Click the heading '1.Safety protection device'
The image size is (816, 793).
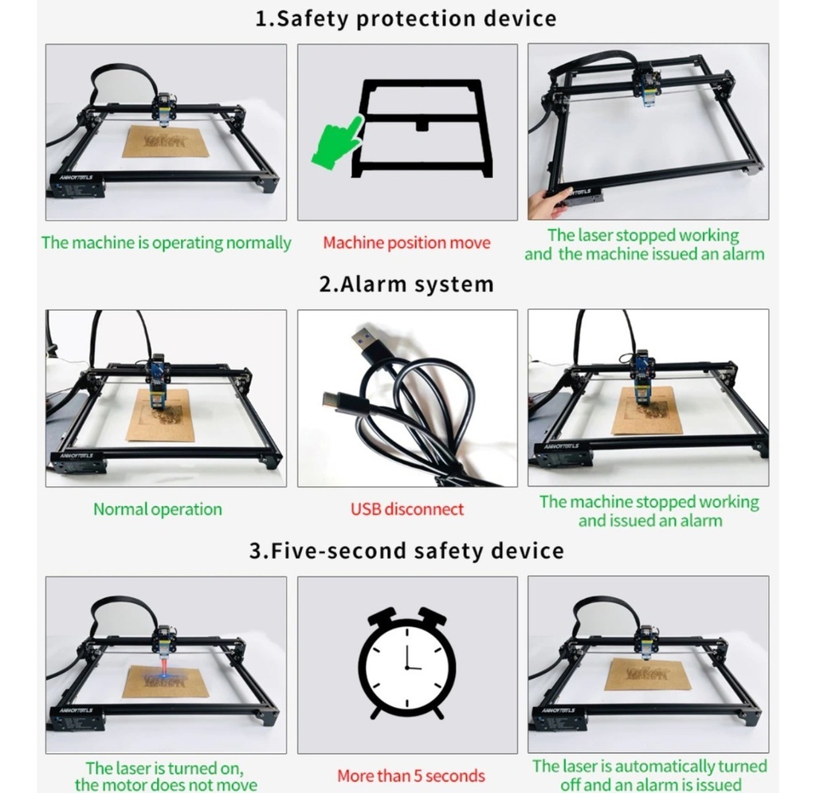coord(406,19)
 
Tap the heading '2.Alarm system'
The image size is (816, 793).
coord(406,285)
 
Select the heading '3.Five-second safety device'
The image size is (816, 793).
coord(406,551)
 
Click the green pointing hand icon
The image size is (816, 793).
coord(338,142)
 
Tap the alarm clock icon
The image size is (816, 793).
coord(407,663)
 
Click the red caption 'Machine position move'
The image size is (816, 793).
coord(406,242)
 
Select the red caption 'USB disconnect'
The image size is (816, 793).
coord(407,509)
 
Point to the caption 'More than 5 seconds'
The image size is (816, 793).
coord(410,775)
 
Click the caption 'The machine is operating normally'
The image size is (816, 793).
coord(166,243)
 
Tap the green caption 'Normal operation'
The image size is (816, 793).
coord(158,509)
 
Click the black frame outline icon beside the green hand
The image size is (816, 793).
coord(422,128)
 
